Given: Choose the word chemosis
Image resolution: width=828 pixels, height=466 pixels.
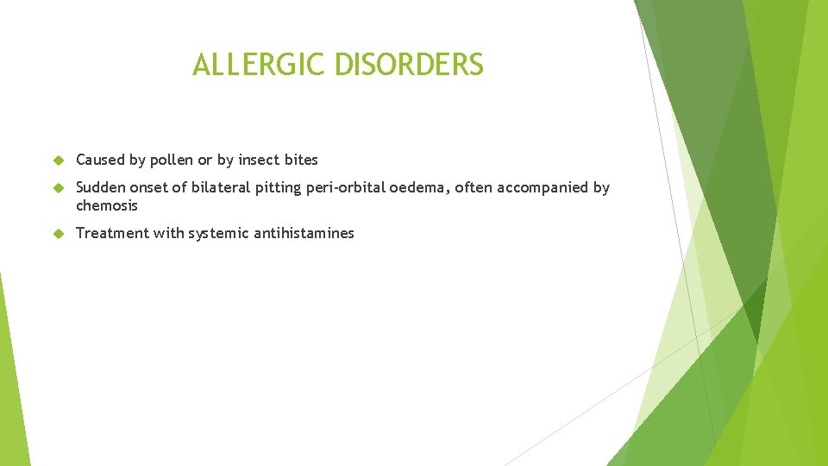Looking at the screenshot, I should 107,205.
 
